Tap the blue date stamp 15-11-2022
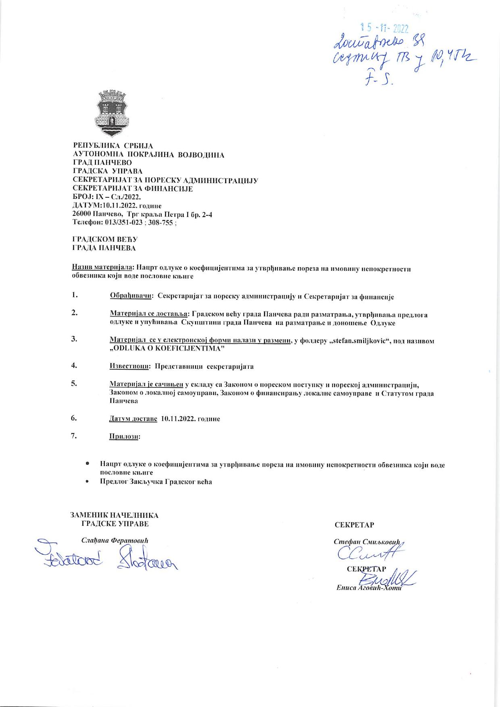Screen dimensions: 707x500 click(x=385, y=28)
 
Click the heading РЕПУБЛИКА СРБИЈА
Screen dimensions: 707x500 click(x=112, y=146)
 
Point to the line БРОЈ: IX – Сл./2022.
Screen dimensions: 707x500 click(x=106, y=197)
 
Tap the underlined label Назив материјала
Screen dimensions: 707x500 click(x=104, y=268)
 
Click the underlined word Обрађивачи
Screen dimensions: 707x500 click(x=131, y=297)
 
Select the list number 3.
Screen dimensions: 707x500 click(x=74, y=339)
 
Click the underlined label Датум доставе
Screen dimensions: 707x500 click(x=133, y=419)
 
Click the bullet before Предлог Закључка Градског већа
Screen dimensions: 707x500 click(x=87, y=481)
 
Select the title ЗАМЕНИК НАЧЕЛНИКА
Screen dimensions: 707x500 click(x=115, y=515)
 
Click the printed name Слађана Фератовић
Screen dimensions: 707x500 click(x=115, y=540)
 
